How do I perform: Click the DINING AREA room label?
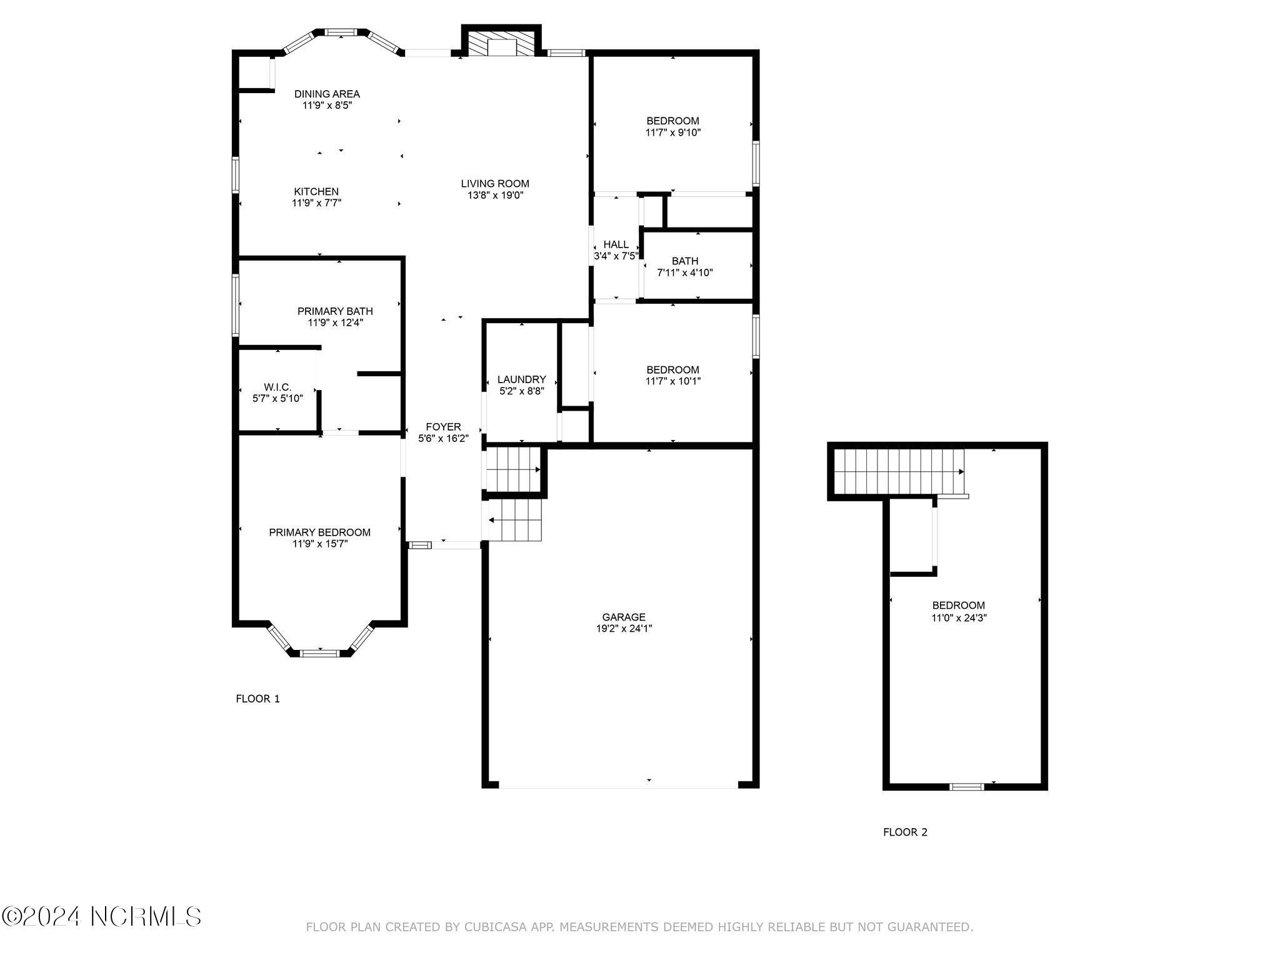327,94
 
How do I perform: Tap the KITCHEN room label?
316,192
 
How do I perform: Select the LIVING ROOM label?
495,184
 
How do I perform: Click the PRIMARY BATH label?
335,311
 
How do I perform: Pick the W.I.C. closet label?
277,387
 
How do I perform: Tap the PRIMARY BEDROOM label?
319,532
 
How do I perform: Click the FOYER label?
443,427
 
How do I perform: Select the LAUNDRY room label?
521,379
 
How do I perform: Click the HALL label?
616,244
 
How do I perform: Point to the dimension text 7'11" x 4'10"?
685,272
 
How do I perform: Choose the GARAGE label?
624,617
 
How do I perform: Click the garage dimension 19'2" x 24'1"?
624,629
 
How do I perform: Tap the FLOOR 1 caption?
257,699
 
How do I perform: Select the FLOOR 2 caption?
905,832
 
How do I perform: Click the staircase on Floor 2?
899,471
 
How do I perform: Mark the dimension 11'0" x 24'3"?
959,618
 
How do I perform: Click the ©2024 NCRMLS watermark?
101,917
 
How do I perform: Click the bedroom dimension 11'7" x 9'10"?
673,132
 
